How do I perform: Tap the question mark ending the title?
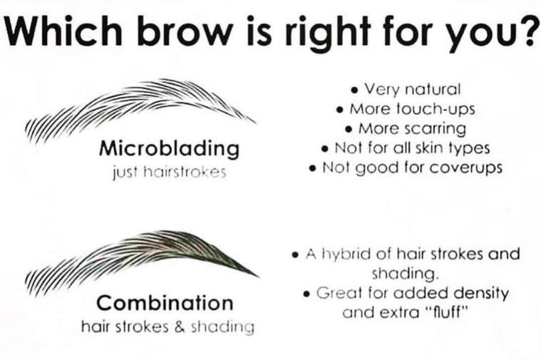coord(530,29)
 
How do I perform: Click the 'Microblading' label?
coord(169,149)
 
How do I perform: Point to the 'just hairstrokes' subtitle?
coord(170,172)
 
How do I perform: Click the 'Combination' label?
coord(165,303)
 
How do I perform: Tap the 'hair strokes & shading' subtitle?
coord(168,327)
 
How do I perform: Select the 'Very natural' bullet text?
coord(413,89)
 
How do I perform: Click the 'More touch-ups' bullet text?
coord(412,109)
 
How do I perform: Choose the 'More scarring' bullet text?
coord(412,129)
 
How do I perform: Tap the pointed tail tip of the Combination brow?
coord(259,276)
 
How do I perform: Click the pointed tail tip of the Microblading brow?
coord(256,123)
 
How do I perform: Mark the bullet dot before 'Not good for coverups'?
coord(313,169)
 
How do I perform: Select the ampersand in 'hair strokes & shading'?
coord(180,327)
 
